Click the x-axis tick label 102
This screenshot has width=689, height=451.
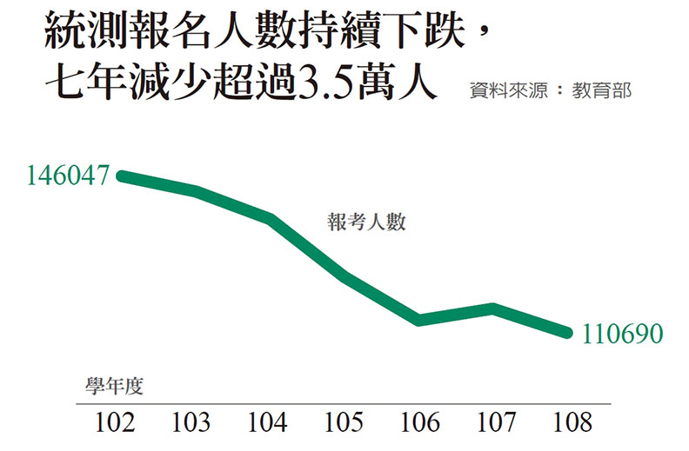[x=114, y=423]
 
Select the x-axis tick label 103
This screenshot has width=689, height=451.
[x=191, y=423]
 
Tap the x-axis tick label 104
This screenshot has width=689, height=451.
[x=267, y=423]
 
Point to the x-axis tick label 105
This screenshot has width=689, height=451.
[x=344, y=423]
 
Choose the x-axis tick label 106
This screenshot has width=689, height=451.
[x=419, y=423]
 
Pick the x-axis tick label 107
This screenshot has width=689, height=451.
[x=496, y=423]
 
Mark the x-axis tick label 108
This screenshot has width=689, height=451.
[x=572, y=423]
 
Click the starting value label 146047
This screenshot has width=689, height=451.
[x=67, y=175]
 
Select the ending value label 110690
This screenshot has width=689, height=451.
[x=623, y=333]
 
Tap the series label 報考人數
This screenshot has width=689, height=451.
[x=367, y=222]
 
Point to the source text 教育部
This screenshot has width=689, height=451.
[x=601, y=90]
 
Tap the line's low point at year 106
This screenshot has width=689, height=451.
[x=420, y=320]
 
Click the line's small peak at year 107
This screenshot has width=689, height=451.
[x=493, y=308]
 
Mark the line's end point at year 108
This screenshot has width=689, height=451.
[x=567, y=332]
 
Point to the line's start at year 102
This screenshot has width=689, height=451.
[x=121, y=176]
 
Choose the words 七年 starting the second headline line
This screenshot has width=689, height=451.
[x=80, y=85]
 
